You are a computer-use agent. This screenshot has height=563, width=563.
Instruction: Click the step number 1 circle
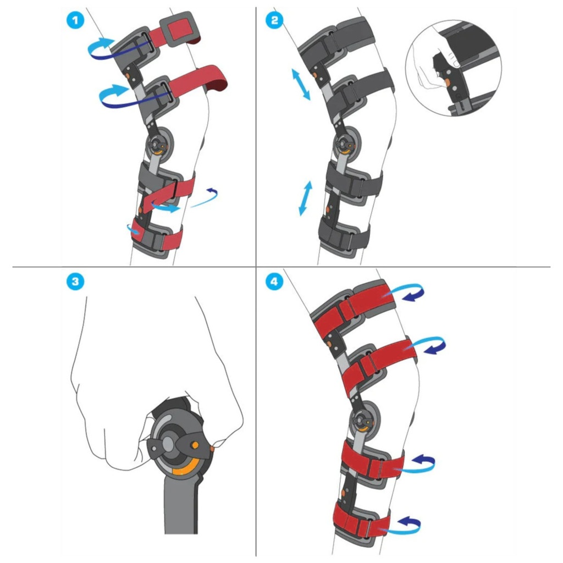pyautogui.click(x=75, y=20)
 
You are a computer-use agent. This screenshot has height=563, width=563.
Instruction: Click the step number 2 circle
pyautogui.click(x=274, y=20)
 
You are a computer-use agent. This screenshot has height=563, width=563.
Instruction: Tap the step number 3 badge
pyautogui.click(x=75, y=281)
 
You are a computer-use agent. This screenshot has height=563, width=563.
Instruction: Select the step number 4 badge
pyautogui.click(x=274, y=281)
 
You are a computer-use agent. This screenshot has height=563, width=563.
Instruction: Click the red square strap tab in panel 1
pyautogui.click(x=179, y=30)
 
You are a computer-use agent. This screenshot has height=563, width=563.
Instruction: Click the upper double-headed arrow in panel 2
pyautogui.click(x=301, y=85)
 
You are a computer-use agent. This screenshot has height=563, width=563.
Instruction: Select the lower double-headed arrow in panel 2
pyautogui.click(x=306, y=198)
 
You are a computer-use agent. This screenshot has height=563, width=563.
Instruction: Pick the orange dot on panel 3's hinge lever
pyautogui.click(x=195, y=445)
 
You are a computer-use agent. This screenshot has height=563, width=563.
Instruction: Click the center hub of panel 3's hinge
pyautogui.click(x=168, y=444)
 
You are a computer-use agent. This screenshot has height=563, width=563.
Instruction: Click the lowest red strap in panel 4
pyautogui.click(x=361, y=521)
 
